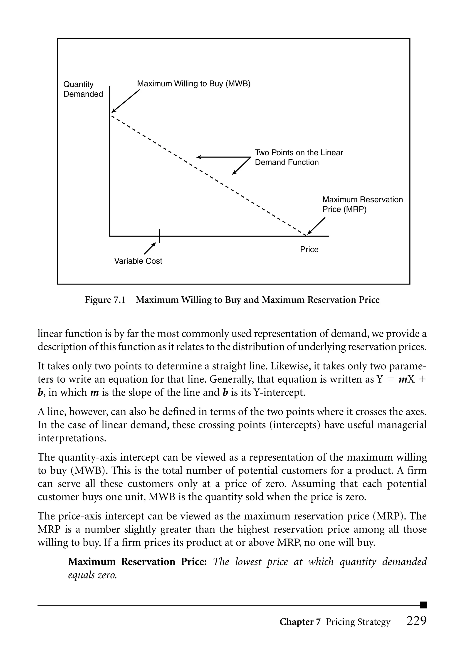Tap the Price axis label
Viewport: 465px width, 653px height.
(x=309, y=249)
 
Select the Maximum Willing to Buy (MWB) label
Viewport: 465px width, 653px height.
(x=193, y=84)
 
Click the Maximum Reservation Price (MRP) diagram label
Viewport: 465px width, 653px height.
(x=362, y=204)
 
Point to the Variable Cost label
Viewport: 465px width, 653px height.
(x=138, y=261)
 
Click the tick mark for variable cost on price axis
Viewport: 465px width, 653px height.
(x=159, y=236)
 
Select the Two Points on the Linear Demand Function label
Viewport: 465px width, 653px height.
(x=299, y=157)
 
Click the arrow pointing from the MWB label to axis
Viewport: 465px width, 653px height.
(x=125, y=101)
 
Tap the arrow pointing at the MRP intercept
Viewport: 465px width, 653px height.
(x=316, y=226)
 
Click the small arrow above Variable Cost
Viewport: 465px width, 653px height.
(x=150, y=248)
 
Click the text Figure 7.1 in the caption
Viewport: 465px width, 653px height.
(x=105, y=300)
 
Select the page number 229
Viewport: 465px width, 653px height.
(x=416, y=621)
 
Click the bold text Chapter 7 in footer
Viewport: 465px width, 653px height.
(x=300, y=622)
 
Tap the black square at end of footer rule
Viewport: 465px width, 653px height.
(x=423, y=605)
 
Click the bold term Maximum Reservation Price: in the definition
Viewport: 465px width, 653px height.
(x=137, y=561)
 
